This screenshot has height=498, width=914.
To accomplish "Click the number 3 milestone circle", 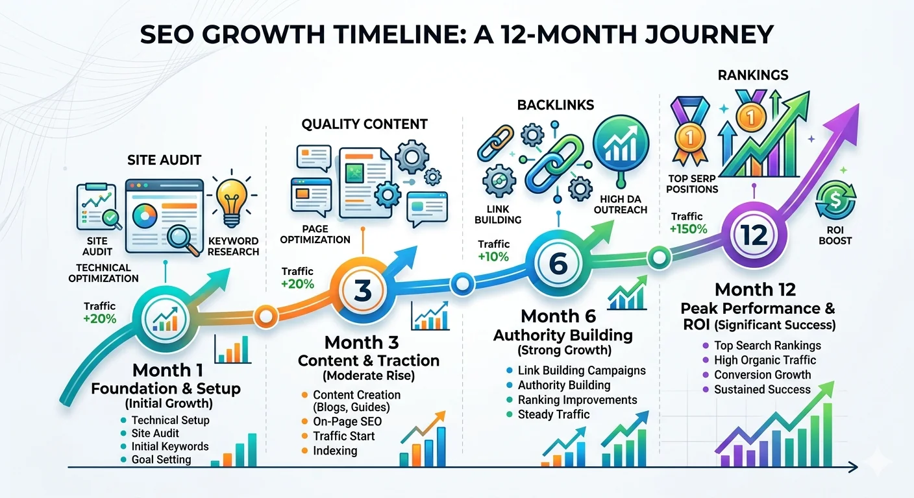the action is (362, 290).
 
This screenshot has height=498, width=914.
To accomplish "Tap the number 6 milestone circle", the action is (558, 263).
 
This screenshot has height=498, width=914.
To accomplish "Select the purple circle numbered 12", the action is (754, 235).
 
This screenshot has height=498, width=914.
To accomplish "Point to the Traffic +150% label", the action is (688, 223).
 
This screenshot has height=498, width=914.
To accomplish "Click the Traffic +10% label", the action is (494, 251).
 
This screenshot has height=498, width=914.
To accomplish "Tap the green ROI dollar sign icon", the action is (835, 201).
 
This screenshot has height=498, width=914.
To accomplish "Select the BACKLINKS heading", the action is (556, 105).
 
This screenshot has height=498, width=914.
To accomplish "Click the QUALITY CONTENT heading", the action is (364, 124).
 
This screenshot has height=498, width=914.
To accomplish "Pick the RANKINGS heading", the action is (753, 75).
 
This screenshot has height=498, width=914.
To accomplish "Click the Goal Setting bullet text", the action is (161, 460).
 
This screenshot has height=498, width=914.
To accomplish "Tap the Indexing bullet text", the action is (335, 451).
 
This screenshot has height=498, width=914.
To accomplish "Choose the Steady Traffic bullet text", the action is (554, 414).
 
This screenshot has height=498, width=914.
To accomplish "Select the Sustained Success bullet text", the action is (762, 390).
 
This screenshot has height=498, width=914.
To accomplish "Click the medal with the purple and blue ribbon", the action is (690, 130).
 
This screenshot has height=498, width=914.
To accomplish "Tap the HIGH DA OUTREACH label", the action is (620, 204).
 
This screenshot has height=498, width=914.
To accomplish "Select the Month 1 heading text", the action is (167, 370).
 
